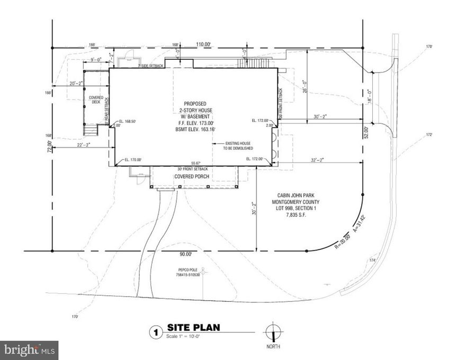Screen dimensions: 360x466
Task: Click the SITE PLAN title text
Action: pyautogui.click(x=193, y=328)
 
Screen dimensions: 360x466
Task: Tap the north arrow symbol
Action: pyautogui.click(x=273, y=334)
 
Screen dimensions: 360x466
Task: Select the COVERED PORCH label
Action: pyautogui.click(x=193, y=177)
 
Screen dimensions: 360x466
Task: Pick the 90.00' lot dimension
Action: pyautogui.click(x=185, y=255)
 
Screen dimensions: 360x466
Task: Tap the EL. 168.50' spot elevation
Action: pyautogui.click(x=128, y=122)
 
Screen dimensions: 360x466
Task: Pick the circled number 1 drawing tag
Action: pyautogui.click(x=155, y=332)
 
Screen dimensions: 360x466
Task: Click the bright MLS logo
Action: pyautogui.click(x=29, y=350)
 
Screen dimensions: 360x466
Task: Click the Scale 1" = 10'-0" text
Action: pyautogui.click(x=186, y=336)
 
